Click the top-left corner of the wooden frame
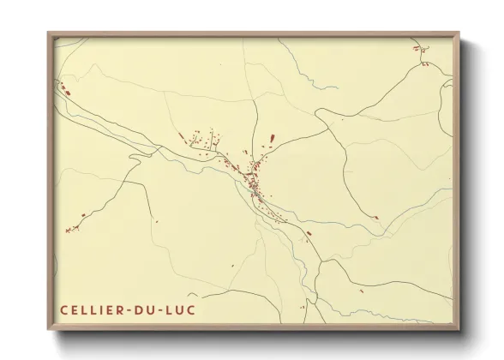(48, 33)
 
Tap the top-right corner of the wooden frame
(459, 33)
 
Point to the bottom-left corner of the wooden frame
(48, 331)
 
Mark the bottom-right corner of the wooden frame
(459, 331)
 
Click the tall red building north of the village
(272, 137)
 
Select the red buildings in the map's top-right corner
(423, 53)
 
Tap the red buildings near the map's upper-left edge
(63, 86)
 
